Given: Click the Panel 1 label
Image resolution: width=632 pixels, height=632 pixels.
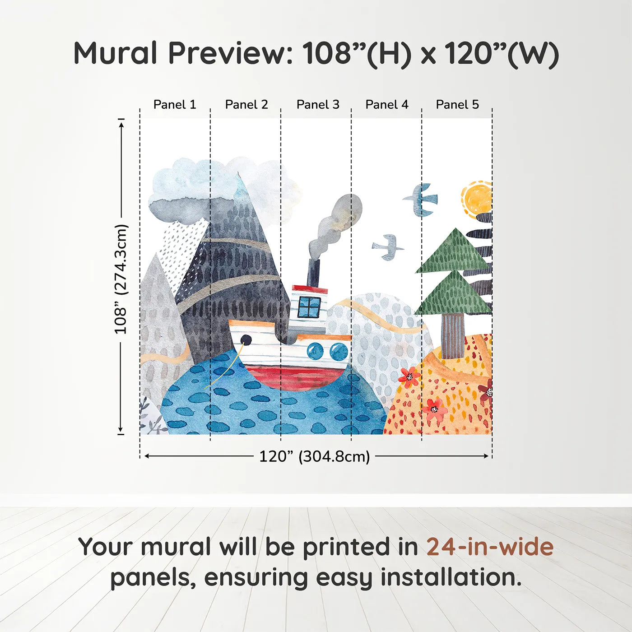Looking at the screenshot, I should click(x=175, y=105).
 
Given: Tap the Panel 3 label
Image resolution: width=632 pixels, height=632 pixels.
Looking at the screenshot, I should click(x=317, y=105).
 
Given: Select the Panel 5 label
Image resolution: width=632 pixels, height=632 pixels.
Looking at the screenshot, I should click(x=457, y=105).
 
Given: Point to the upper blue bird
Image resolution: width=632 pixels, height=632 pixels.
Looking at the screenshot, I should click(x=422, y=199).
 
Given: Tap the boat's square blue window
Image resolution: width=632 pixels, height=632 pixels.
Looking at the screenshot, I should click(x=310, y=307).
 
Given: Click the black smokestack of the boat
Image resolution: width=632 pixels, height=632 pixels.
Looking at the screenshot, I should click(x=314, y=273).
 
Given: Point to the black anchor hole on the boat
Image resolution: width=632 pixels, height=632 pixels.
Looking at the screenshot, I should click(x=246, y=339).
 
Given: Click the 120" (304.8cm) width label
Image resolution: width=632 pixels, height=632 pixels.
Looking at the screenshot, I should click(x=314, y=456).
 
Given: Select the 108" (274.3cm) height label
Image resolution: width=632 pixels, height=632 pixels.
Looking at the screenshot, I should click(x=121, y=279).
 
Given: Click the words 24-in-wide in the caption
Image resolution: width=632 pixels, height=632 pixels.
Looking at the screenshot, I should click(x=490, y=547).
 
